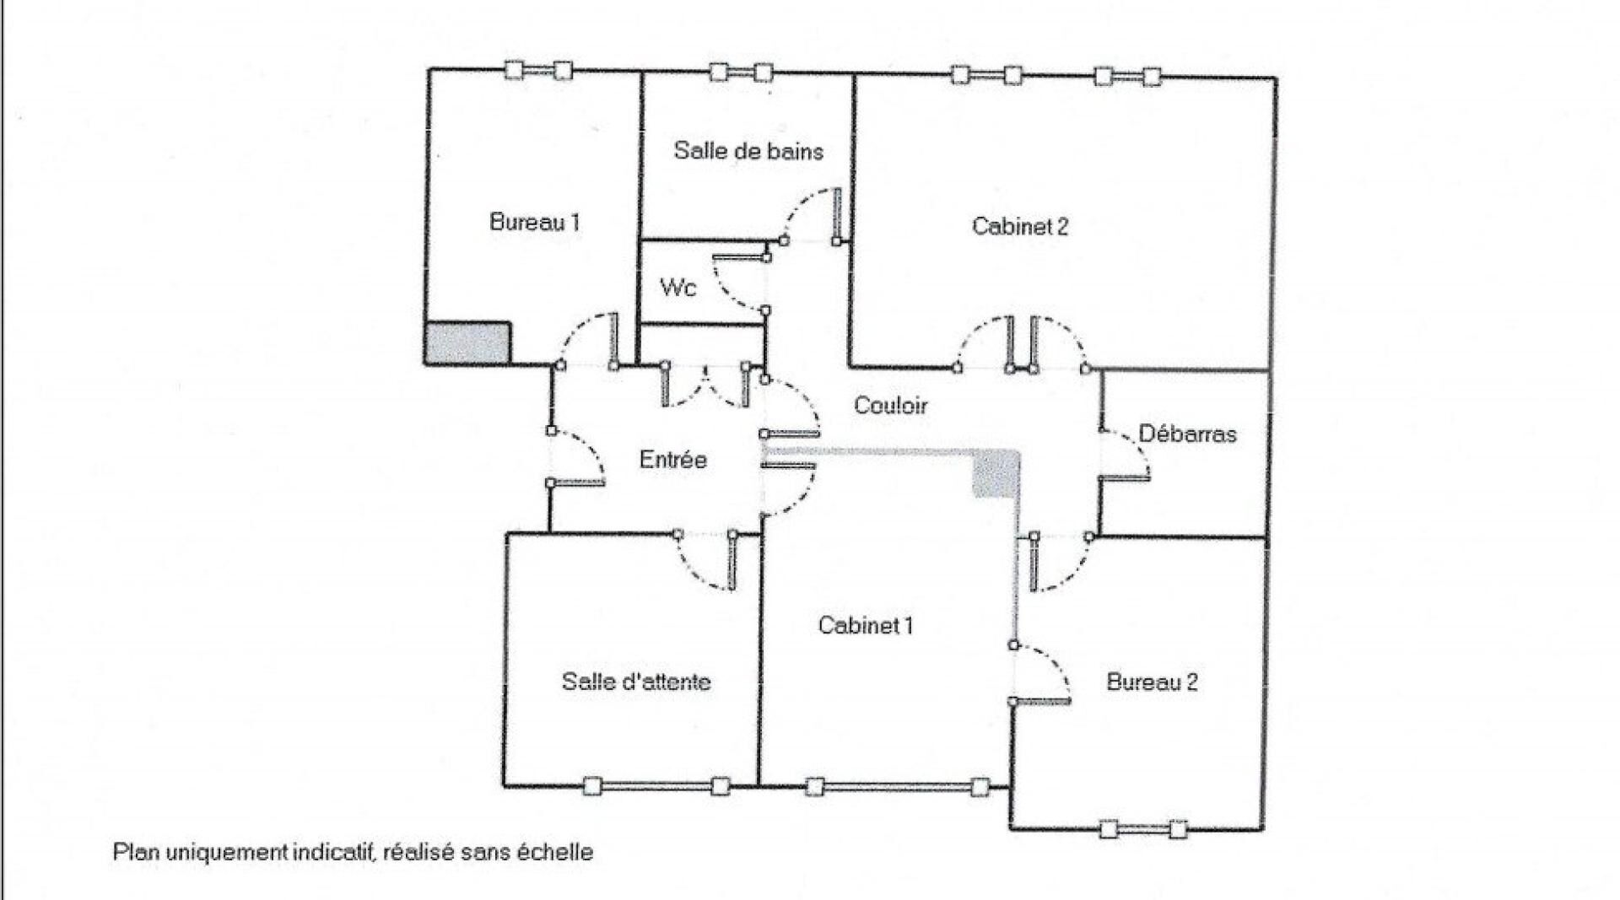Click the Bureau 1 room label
(x=535, y=223)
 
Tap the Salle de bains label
(x=748, y=151)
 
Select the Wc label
(x=678, y=288)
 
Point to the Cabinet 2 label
(x=1020, y=226)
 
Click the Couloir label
(x=891, y=406)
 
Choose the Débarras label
(x=1187, y=434)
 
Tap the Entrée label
(x=672, y=460)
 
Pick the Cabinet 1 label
(x=866, y=625)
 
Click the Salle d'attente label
(x=636, y=682)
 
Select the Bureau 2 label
(x=1152, y=682)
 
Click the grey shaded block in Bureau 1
(x=468, y=343)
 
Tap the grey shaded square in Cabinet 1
(x=996, y=474)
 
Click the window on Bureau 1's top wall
(x=538, y=71)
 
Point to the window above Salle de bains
(x=741, y=72)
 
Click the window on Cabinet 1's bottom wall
(x=897, y=787)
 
